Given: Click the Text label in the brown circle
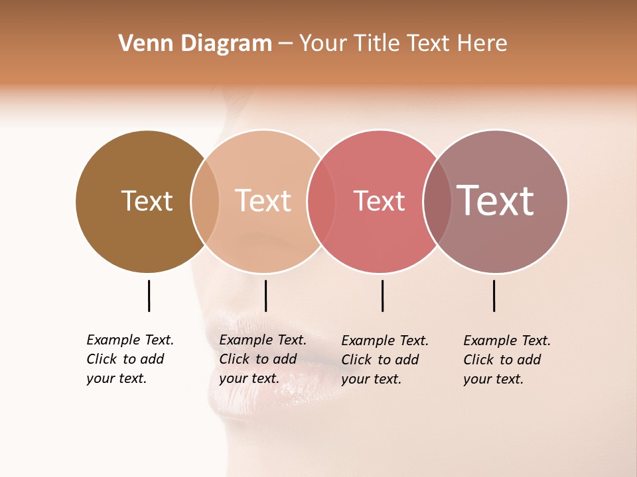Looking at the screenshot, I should (x=147, y=201).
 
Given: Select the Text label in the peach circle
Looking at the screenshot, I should (x=263, y=201).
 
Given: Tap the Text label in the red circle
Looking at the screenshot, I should (x=379, y=201).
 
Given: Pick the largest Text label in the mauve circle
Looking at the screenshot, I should (x=496, y=200).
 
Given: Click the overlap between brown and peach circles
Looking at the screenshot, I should (x=205, y=201).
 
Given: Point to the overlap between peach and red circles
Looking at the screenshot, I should (x=321, y=201).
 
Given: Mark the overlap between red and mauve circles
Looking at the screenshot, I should (x=437, y=201).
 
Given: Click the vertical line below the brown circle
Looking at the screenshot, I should (x=149, y=295).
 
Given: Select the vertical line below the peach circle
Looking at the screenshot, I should (x=265, y=295).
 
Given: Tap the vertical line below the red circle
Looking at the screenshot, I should (x=382, y=295).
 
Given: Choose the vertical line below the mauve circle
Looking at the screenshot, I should (x=494, y=295).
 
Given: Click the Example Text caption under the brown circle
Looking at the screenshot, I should (x=130, y=359).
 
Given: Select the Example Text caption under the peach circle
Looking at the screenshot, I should (x=263, y=359).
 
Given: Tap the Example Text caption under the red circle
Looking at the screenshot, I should (x=385, y=360).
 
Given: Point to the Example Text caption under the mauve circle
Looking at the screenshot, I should (x=507, y=360).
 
